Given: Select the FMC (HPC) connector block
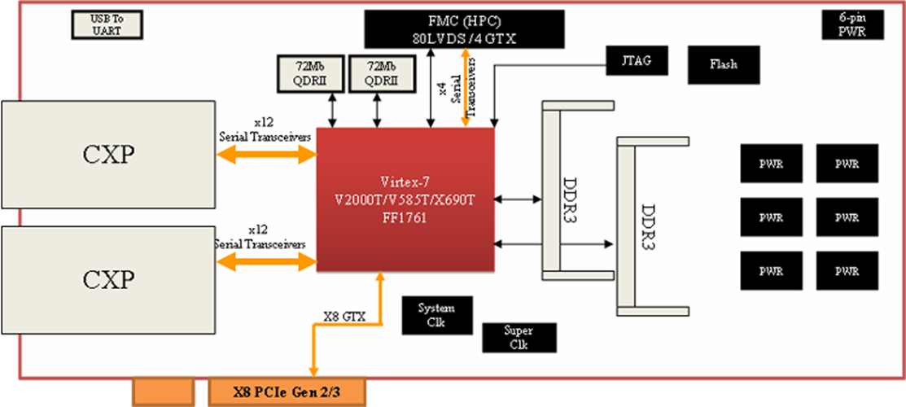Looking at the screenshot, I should pyautogui.click(x=465, y=29).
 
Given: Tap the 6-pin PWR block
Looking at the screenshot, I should pyautogui.click(x=851, y=25).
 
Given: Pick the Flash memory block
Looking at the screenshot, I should pyautogui.click(x=724, y=64).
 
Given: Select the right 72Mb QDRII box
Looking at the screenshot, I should pyautogui.click(x=375, y=72).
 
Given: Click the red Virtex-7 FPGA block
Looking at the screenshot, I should pyautogui.click(x=405, y=199).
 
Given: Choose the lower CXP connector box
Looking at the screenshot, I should pyautogui.click(x=107, y=280).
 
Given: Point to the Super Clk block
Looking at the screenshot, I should pyautogui.click(x=519, y=338).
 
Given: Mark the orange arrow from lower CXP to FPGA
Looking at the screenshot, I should pyautogui.click(x=265, y=262).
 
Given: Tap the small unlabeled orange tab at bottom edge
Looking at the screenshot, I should pyautogui.click(x=163, y=392).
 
